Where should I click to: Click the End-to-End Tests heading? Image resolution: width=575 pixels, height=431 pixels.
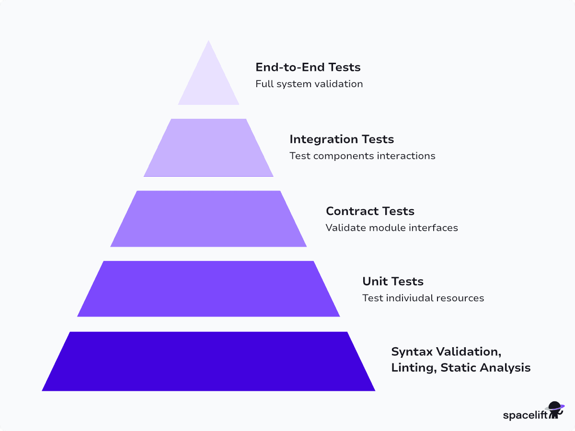pyautogui.click(x=308, y=67)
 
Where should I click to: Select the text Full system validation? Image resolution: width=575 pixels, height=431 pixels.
pyautogui.click(x=309, y=84)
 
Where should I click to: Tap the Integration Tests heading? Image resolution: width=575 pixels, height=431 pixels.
pyautogui.click(x=342, y=139)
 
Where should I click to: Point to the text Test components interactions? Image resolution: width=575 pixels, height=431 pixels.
pyautogui.click(x=362, y=156)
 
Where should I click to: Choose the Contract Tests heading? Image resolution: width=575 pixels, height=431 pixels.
pyautogui.click(x=370, y=211)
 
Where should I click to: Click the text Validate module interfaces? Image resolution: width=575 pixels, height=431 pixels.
pyautogui.click(x=391, y=227)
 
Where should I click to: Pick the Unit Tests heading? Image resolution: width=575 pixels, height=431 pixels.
pyautogui.click(x=393, y=281)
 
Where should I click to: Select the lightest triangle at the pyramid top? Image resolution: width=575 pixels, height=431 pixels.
pyautogui.click(x=208, y=81)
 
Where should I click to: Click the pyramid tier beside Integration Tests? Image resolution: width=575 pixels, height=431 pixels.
pyautogui.click(x=208, y=147)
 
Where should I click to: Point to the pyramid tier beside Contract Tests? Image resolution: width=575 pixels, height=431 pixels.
pyautogui.click(x=208, y=218)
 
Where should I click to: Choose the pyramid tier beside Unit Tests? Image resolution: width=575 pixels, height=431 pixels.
pyautogui.click(x=208, y=289)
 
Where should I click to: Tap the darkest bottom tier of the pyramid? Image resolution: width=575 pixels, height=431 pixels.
pyautogui.click(x=208, y=361)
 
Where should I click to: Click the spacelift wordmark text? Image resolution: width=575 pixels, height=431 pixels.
pyautogui.click(x=525, y=415)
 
